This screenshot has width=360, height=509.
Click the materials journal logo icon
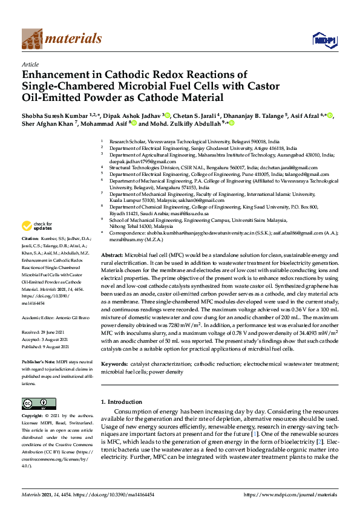point(31,39)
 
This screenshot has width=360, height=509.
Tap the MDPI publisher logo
point(321,40)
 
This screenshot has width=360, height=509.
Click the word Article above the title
point(30,63)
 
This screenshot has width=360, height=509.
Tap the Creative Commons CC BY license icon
point(34,404)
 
